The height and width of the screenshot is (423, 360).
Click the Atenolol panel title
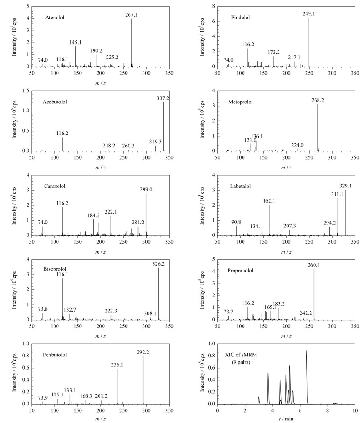[55, 18]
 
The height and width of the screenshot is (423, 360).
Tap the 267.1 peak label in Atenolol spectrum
[131, 15]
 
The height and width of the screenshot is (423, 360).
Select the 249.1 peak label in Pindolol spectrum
[309, 14]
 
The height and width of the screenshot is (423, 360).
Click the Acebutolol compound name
[55, 102]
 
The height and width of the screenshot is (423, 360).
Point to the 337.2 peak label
[163, 98]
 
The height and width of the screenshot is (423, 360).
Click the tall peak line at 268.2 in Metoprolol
[318, 128]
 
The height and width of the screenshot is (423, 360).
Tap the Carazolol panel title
[55, 186]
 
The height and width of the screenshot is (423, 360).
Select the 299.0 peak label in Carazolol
[146, 190]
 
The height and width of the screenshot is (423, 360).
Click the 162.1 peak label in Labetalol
[269, 201]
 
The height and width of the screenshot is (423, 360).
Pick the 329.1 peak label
[346, 186]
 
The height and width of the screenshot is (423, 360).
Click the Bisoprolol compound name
[55, 269]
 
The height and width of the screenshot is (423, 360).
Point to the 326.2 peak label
[158, 264]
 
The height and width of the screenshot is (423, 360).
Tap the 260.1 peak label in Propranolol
[314, 265]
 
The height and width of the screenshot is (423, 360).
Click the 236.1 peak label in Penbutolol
[117, 365]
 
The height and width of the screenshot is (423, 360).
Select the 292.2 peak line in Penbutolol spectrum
[143, 380]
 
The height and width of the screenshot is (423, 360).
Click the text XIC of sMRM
[241, 355]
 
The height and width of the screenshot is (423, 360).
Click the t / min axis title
[286, 419]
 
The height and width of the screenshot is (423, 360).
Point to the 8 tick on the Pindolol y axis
[213, 6]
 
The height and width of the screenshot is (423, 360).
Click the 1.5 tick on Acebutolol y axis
[26, 91]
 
